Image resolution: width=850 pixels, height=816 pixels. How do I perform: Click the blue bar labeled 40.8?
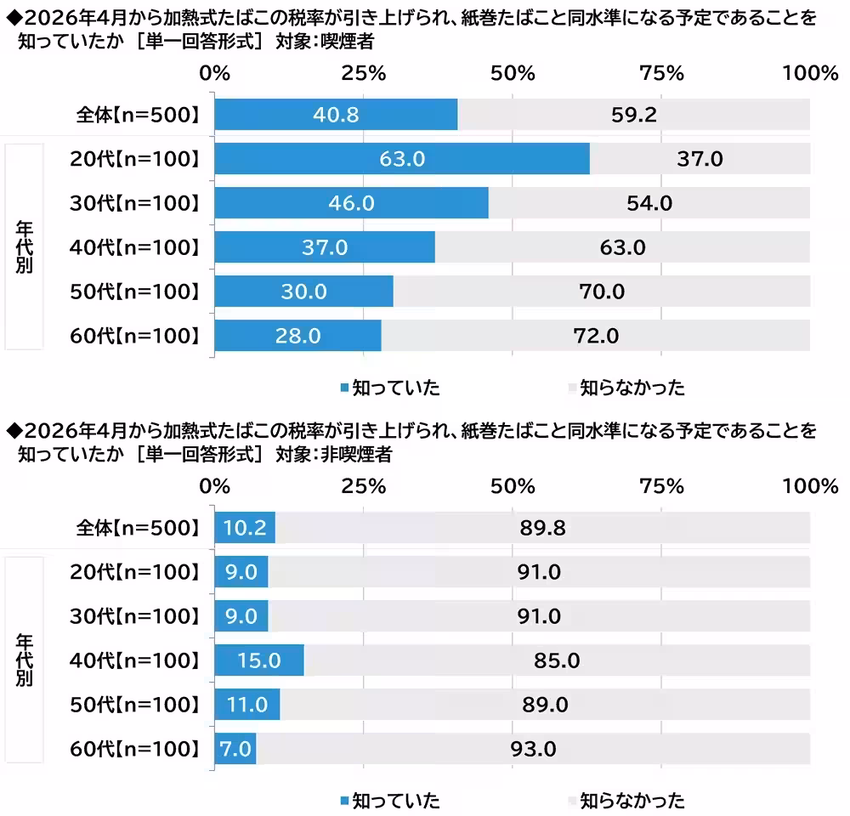pos(336,115)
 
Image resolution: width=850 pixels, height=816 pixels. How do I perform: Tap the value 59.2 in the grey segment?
pos(633,115)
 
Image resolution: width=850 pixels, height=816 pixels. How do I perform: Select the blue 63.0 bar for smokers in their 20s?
pos(401,159)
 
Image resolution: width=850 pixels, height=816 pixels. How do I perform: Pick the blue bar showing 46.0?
pos(351,203)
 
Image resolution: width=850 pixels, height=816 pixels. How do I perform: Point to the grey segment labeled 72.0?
pos(595,336)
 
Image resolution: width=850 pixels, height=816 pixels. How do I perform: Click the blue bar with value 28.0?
pos(297,336)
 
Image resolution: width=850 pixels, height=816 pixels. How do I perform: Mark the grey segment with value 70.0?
pos(602,292)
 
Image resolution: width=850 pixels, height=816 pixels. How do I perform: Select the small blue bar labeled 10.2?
pos(245,528)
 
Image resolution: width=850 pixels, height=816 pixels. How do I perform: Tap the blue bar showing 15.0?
pos(258,660)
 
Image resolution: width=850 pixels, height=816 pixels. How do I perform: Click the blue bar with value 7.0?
pos(235,749)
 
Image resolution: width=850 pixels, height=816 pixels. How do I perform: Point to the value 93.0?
pos(533,749)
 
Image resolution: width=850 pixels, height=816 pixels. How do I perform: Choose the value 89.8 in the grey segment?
pos(542,528)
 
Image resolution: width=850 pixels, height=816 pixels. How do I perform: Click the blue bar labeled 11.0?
pos(246,705)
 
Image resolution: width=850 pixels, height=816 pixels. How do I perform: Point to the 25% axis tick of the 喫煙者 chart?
pos(364,73)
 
